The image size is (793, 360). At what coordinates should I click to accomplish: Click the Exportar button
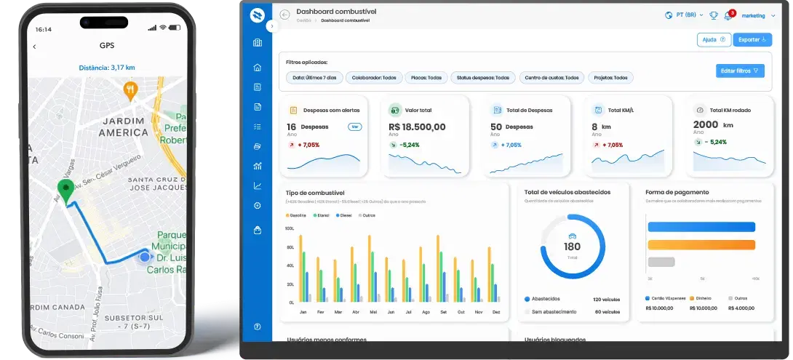[x=752, y=40]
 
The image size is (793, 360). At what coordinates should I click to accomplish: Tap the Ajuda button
[x=713, y=40]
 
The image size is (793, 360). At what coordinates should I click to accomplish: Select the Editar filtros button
[x=740, y=71]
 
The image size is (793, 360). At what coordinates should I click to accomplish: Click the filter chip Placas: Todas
[x=425, y=78]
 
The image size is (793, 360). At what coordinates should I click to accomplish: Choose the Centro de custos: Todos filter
[x=552, y=78]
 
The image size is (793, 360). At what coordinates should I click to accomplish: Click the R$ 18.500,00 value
[x=417, y=127]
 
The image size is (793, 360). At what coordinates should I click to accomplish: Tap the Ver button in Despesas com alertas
[x=355, y=127]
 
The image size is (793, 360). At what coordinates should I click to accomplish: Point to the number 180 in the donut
[x=572, y=247]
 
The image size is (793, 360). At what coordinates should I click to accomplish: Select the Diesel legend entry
[x=343, y=216]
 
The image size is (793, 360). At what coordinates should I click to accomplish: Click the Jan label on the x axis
[x=303, y=312]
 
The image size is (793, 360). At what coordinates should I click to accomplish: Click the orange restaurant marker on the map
[x=130, y=90]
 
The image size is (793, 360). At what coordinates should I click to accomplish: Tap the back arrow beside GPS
[x=34, y=47]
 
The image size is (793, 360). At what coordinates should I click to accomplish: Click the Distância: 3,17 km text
[x=107, y=68]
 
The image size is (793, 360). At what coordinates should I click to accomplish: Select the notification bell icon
[x=728, y=15]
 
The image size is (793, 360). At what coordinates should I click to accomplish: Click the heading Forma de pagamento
[x=677, y=193]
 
